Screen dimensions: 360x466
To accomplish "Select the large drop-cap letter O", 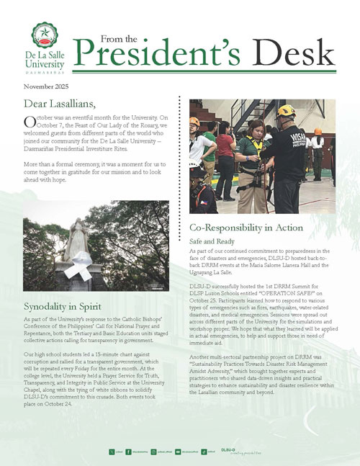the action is [x=29, y=122].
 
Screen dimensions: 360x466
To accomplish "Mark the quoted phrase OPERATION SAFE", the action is [x=309, y=294].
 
